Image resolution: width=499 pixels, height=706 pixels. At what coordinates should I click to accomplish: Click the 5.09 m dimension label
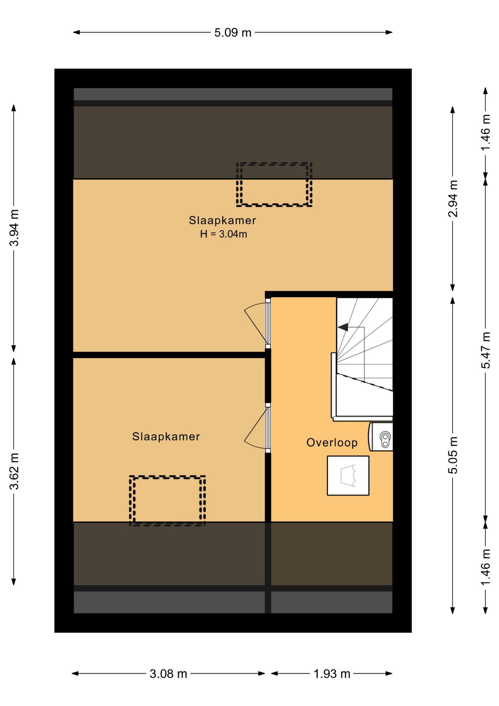click(233, 33)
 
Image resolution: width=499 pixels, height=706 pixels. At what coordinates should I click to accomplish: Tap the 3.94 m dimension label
click(14, 228)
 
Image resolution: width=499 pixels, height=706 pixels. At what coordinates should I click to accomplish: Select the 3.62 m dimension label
click(14, 471)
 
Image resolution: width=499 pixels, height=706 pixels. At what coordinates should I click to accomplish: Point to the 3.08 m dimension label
click(168, 674)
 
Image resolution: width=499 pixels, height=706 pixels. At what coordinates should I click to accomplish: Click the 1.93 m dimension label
click(332, 674)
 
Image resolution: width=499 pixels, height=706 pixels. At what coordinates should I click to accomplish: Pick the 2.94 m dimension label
click(453, 199)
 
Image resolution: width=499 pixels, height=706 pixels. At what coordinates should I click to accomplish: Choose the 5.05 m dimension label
click(453, 455)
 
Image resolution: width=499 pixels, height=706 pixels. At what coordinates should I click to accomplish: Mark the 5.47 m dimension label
click(486, 350)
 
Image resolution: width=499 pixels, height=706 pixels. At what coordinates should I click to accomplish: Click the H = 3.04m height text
click(223, 234)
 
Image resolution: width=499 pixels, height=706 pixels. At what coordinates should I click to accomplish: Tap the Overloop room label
click(332, 442)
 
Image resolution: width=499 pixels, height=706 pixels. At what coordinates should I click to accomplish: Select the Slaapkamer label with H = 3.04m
click(222, 220)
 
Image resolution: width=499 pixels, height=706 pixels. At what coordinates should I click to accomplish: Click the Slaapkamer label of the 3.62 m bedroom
click(166, 436)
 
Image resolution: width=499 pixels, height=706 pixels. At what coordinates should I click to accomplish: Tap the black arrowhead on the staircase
click(343, 327)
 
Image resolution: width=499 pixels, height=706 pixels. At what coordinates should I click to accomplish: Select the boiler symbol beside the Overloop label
click(381, 437)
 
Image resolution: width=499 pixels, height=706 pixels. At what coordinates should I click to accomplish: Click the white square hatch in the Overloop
click(348, 475)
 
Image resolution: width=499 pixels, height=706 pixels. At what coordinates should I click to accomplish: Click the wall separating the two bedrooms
click(169, 355)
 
